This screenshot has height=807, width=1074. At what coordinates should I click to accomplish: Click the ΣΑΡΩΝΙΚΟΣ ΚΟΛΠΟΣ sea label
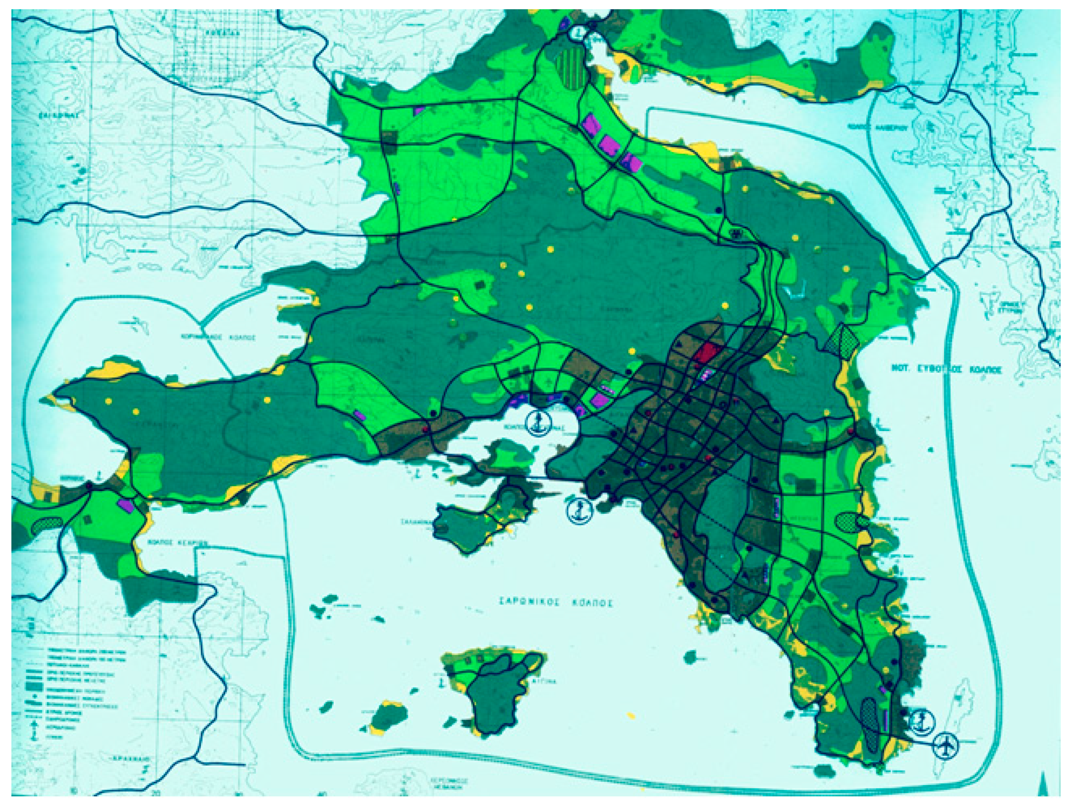tap(555, 603)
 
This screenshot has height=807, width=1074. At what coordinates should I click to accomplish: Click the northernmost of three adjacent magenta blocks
tap(590, 123)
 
